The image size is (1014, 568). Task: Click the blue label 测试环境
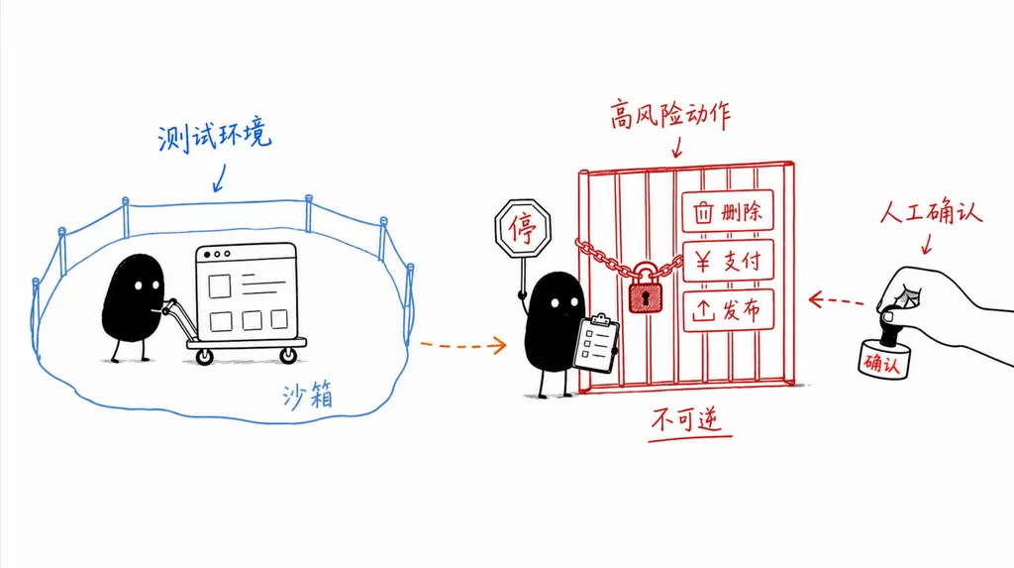215,136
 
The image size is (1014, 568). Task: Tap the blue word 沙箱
308,395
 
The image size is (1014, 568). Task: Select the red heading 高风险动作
670,115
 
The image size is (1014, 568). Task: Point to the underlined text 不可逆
687,420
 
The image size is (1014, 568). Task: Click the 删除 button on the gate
728,211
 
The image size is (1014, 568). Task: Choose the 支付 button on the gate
728,261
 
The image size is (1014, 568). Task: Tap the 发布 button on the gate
728,311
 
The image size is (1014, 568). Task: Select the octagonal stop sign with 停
523,228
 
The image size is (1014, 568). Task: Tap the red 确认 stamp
883,358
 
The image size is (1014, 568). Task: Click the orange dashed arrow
463,345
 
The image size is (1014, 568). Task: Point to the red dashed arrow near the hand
836,300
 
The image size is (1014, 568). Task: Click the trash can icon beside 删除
703,212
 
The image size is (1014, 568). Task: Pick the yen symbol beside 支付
703,261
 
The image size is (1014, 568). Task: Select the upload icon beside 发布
704,311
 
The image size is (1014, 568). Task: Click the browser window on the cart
247,290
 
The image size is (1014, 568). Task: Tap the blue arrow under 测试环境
220,178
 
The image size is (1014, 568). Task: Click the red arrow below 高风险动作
677,148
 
